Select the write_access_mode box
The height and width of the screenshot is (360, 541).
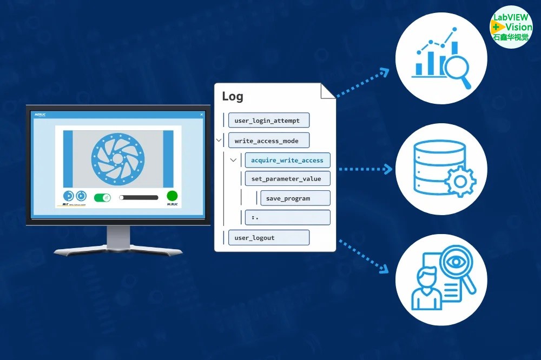click(x=268, y=141)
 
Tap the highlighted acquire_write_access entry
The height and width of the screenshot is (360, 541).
click(x=287, y=160)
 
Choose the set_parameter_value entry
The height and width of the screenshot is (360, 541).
click(x=287, y=179)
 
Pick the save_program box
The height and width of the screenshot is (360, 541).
click(x=295, y=198)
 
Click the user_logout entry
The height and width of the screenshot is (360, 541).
click(x=268, y=237)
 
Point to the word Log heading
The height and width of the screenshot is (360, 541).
click(x=233, y=97)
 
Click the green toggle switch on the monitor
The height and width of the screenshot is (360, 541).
click(x=102, y=197)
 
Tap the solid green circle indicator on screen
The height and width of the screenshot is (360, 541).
click(x=172, y=196)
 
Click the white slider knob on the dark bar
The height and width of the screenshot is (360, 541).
click(x=122, y=197)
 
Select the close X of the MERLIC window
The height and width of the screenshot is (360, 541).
click(x=202, y=114)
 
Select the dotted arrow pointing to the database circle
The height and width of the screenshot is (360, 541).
click(x=365, y=169)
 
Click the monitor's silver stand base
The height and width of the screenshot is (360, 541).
click(x=118, y=251)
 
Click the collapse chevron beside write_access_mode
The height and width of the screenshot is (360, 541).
click(x=219, y=141)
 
